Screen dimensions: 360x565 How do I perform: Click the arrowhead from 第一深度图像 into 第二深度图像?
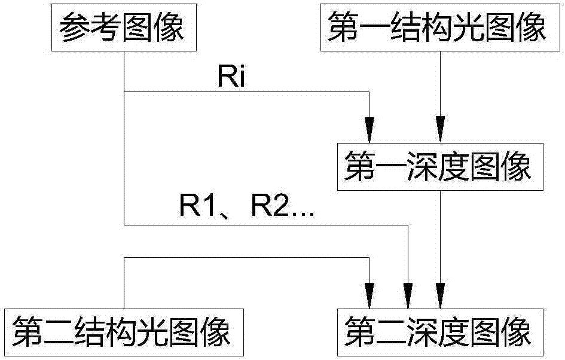tap(441, 294)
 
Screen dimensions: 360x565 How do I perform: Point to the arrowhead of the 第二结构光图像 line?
tap(371, 294)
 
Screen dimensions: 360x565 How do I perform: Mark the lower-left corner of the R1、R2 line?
tap(124, 225)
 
